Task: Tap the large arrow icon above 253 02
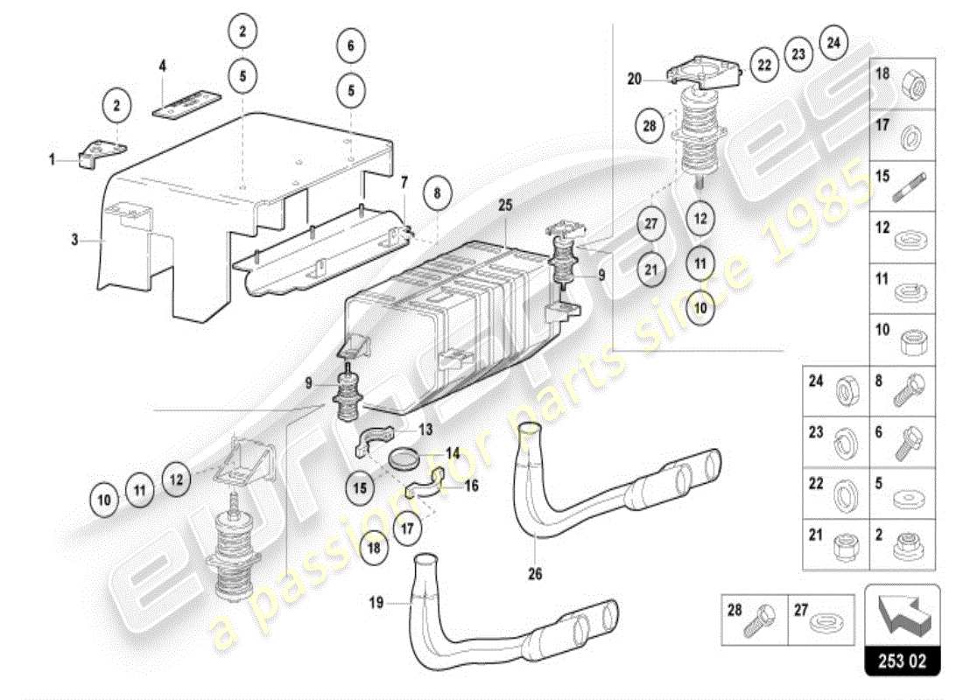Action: pos(902,612)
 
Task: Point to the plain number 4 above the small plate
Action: pos(161,66)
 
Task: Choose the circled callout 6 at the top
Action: pos(350,45)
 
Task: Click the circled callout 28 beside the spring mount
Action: pos(650,127)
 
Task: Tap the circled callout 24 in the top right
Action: pos(833,41)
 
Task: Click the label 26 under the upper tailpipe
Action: pos(535,574)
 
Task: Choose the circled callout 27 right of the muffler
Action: pos(650,224)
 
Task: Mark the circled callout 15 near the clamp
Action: pos(360,488)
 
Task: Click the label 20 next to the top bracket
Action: pos(634,79)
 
